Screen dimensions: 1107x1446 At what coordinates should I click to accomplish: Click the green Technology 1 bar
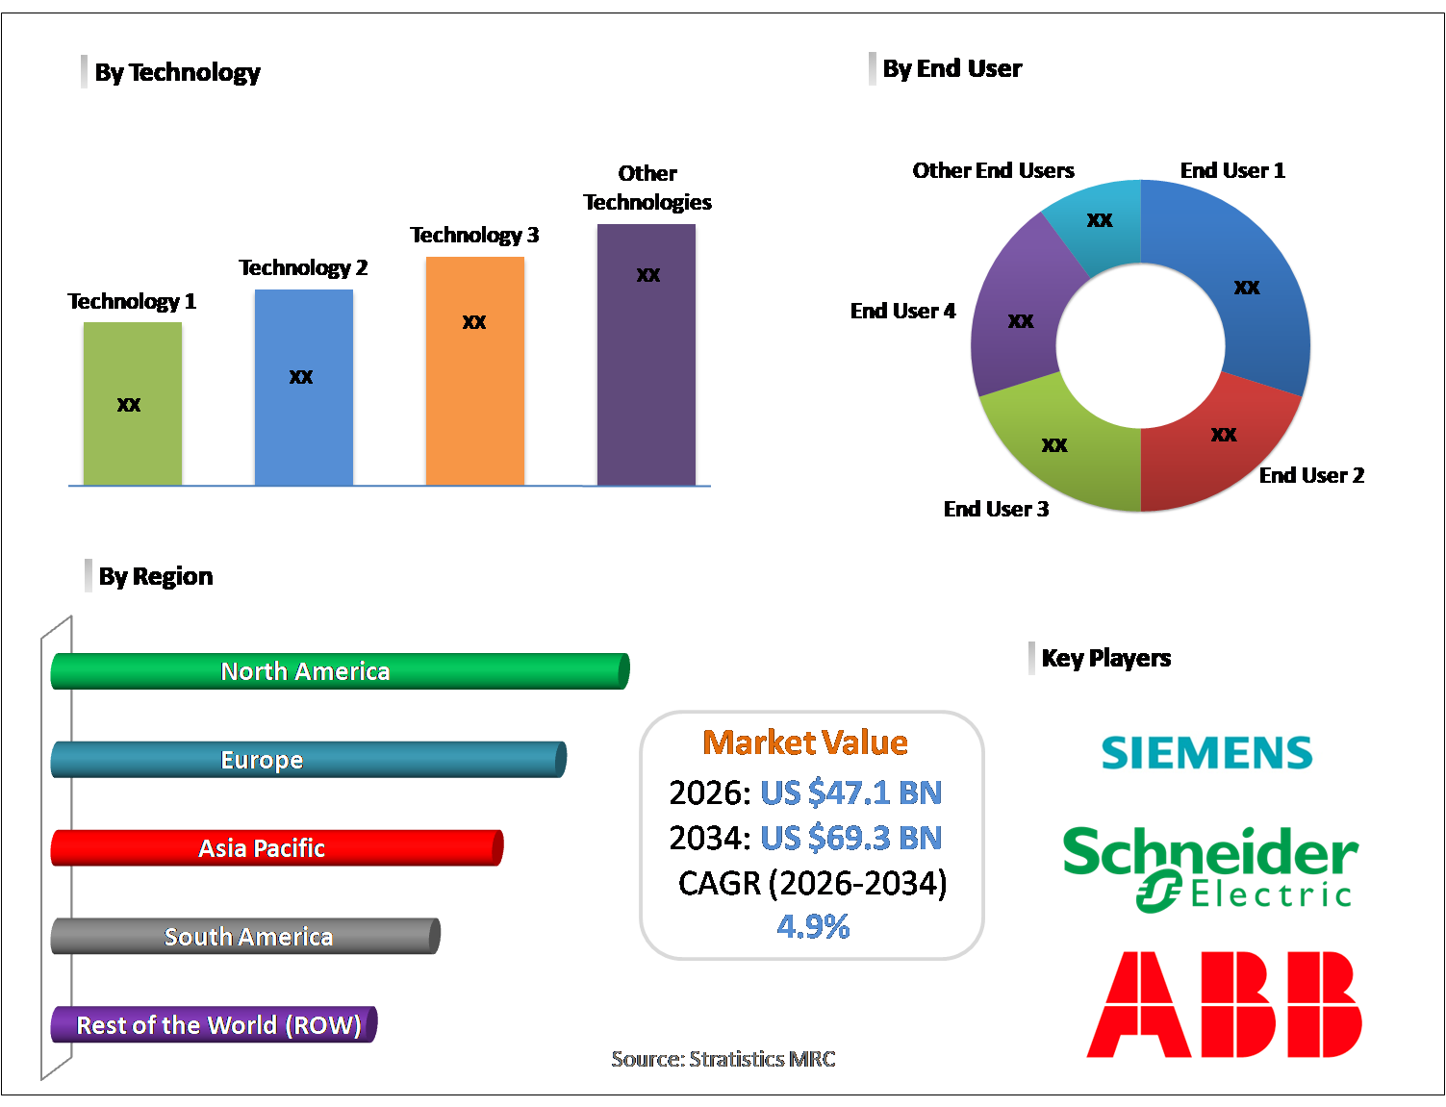pos(132,404)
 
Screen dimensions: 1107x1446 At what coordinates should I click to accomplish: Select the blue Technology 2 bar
pos(303,387)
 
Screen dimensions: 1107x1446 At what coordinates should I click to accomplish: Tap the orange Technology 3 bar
pos(474,370)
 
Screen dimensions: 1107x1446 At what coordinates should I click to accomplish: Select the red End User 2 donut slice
pos(1222,442)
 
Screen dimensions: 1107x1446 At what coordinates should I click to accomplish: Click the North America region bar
pos(340,671)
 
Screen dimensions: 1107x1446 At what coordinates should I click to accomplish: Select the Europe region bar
pos(308,760)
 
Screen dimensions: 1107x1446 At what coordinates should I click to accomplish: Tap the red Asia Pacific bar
pos(276,848)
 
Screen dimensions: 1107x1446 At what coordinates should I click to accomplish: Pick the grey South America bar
pos(245,937)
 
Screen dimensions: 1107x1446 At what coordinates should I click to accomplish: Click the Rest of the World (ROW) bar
pos(214,1025)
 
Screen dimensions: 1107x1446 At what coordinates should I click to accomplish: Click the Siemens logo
pos(1206,752)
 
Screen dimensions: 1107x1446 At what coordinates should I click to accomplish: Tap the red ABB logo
pos(1224,1005)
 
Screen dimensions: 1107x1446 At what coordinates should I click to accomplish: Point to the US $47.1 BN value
pos(850,793)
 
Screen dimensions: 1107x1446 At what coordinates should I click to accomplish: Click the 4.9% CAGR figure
pos(813,926)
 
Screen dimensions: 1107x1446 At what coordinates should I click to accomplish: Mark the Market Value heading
pos(805,742)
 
